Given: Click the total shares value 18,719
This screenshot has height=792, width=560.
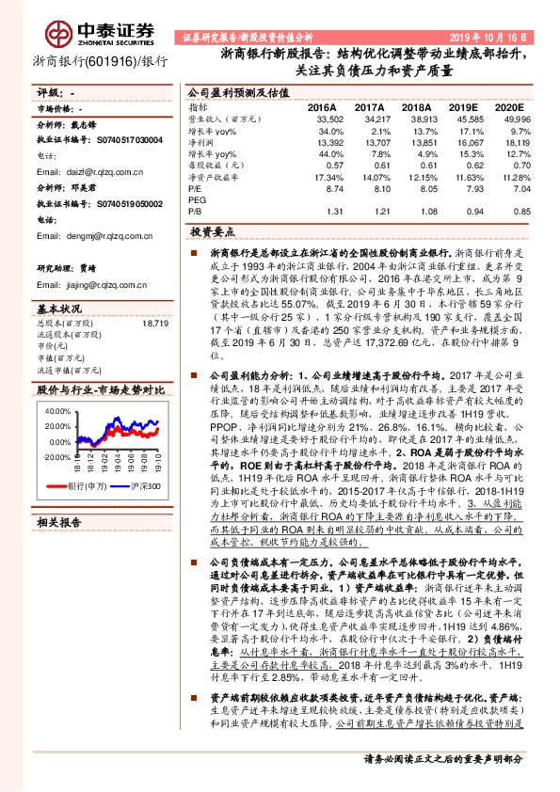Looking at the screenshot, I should [154, 324].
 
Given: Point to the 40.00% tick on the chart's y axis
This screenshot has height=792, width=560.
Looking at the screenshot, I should [56, 411].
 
